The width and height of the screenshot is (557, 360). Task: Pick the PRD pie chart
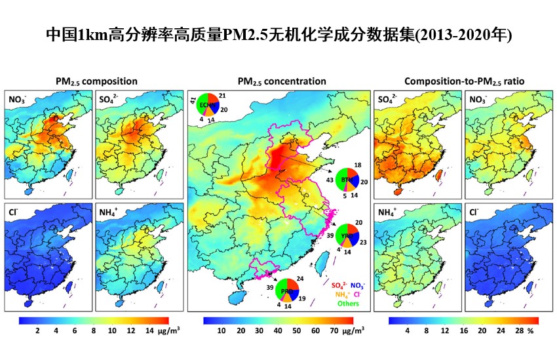(286, 290)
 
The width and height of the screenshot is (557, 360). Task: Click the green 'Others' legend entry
(344, 304)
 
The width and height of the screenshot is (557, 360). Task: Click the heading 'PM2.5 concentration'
(282, 81)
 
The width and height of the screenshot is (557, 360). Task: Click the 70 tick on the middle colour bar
(334, 332)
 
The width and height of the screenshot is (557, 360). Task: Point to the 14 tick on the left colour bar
(149, 332)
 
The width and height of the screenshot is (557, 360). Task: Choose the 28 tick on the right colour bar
(518, 332)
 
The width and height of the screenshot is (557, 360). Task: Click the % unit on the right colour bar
(532, 332)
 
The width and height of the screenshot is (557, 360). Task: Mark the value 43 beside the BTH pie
(329, 180)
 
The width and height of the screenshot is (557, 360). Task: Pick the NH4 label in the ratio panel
(389, 212)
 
